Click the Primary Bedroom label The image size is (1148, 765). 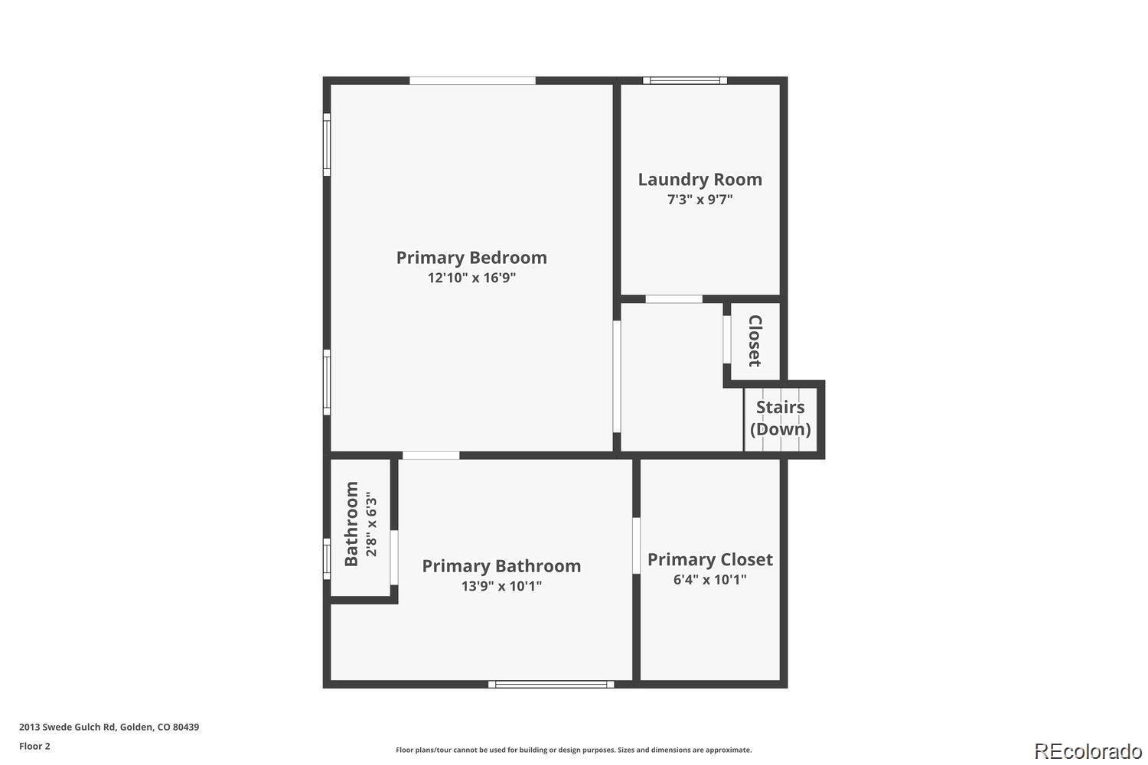(471, 258)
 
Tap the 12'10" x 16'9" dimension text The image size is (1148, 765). (471, 278)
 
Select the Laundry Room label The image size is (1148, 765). (700, 180)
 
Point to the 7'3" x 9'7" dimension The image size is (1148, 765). (700, 200)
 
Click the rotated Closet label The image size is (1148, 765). (755, 340)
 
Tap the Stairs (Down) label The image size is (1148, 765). (780, 418)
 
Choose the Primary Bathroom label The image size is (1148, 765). (501, 566)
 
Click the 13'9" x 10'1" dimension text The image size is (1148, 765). (501, 586)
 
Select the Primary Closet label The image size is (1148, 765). (709, 559)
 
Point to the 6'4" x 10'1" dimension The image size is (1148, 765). (709, 580)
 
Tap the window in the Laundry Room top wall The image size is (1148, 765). (685, 80)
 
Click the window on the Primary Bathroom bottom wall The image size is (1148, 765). (551, 684)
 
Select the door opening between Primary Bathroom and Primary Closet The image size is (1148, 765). (636, 545)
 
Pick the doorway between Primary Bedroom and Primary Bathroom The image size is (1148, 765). (431, 455)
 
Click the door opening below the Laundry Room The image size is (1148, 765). (674, 299)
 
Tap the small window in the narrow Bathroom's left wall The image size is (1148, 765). (327, 559)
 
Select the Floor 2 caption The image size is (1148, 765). (35, 746)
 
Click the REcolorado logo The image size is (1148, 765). (1088, 751)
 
